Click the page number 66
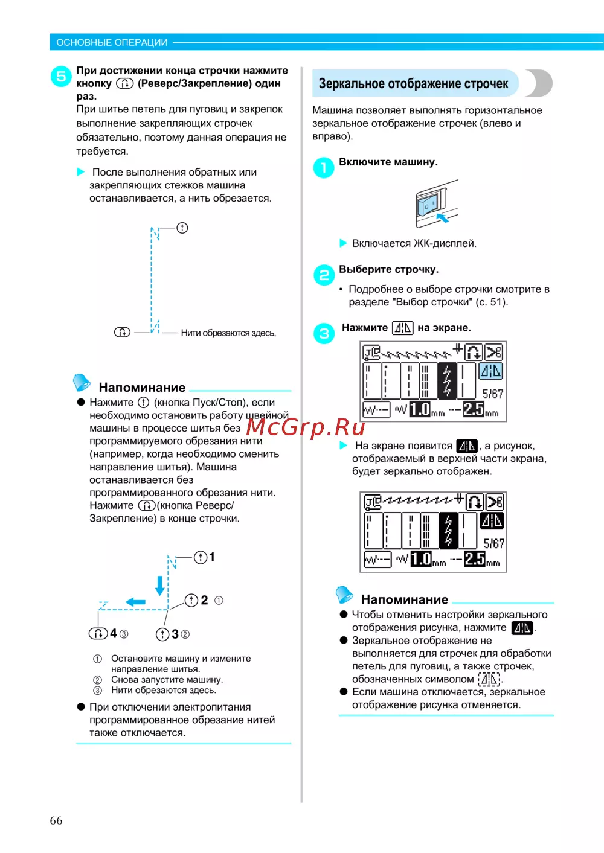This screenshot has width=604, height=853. pyautogui.click(x=56, y=820)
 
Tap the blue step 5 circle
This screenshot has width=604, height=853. pyautogui.click(x=61, y=77)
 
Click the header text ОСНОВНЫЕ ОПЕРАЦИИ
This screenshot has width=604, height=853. pyautogui.click(x=112, y=42)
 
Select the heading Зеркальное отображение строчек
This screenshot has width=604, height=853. pyautogui.click(x=413, y=83)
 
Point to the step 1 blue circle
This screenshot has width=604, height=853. pyautogui.click(x=324, y=167)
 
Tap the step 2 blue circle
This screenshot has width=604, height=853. pyautogui.click(x=324, y=275)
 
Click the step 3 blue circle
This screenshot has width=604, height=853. pyautogui.click(x=324, y=333)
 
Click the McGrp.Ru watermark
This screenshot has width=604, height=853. pyautogui.click(x=306, y=427)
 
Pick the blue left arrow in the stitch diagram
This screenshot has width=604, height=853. pyautogui.click(x=135, y=602)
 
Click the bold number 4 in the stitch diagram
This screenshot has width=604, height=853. pyautogui.click(x=114, y=633)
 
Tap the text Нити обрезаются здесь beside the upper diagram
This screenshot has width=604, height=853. pyautogui.click(x=228, y=333)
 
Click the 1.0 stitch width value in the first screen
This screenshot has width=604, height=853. pyautogui.click(x=420, y=409)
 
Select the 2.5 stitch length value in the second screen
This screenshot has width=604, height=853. pyautogui.click(x=475, y=559)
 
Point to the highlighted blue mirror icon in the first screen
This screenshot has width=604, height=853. pyautogui.click(x=490, y=371)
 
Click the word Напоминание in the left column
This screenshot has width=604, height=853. pyautogui.click(x=142, y=388)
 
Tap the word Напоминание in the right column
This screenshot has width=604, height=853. pyautogui.click(x=405, y=599)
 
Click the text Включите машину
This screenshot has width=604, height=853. pyautogui.click(x=388, y=162)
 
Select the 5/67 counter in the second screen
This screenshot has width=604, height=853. pyautogui.click(x=493, y=543)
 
